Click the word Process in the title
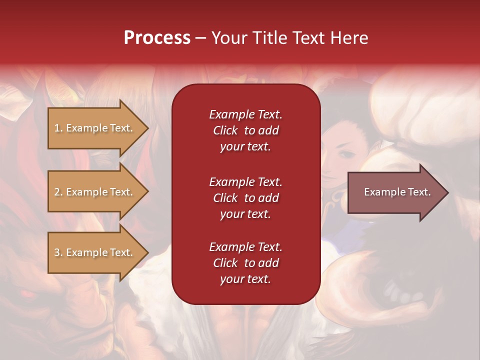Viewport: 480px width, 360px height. click(x=157, y=38)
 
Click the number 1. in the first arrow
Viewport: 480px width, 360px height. click(x=58, y=128)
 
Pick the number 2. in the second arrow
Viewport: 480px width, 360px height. click(x=58, y=192)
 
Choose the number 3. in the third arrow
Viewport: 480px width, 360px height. click(x=58, y=252)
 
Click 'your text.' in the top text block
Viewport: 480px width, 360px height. click(x=245, y=146)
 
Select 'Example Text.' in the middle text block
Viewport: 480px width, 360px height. click(x=245, y=182)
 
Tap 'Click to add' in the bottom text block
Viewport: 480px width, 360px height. click(x=245, y=263)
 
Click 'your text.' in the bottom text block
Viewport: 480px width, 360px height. click(x=245, y=279)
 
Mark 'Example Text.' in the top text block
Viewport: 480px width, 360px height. click(x=245, y=114)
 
